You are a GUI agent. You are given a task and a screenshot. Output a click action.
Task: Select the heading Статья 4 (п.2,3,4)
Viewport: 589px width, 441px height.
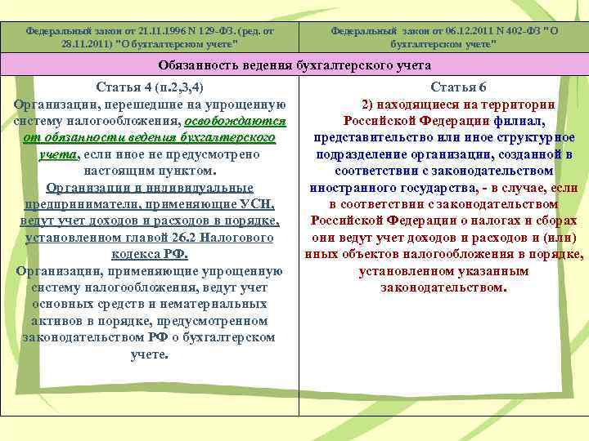pos(150,87)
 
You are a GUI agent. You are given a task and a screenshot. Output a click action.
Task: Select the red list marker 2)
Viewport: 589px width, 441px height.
pos(370,105)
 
